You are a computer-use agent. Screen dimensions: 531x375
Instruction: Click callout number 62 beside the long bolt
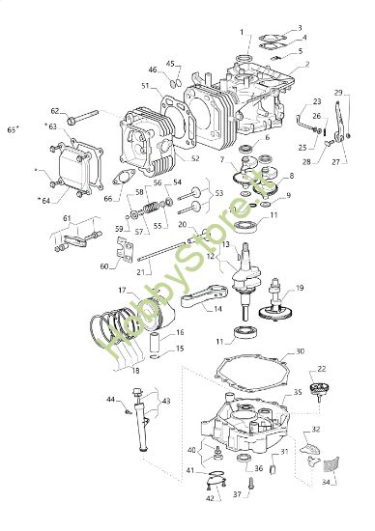[x=54, y=110]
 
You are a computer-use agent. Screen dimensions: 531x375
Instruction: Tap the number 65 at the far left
[x=12, y=127]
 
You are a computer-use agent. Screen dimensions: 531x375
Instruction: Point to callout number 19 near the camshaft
[x=300, y=288]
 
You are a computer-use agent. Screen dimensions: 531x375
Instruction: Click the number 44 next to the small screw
[x=110, y=399]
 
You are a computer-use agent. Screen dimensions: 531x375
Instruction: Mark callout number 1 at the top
[x=242, y=32]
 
